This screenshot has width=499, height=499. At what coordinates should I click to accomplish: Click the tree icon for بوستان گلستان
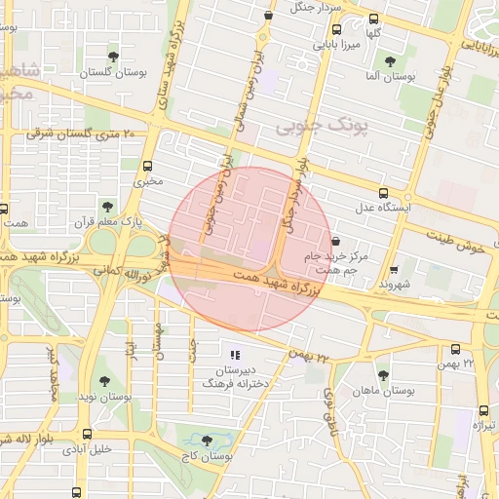click(x=115, y=57)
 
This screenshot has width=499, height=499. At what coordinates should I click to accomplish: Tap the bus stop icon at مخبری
click(x=147, y=166)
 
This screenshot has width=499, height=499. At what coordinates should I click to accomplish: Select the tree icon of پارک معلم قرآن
click(x=106, y=207)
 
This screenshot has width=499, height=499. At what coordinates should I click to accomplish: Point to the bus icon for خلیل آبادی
click(x=88, y=435)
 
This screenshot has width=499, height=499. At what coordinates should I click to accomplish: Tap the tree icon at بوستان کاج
click(x=205, y=441)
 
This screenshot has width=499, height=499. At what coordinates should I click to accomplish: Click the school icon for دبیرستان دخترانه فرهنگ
click(x=234, y=354)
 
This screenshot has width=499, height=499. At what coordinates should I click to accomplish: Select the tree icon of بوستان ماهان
click(x=383, y=374)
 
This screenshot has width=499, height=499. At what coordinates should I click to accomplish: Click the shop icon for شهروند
click(x=394, y=270)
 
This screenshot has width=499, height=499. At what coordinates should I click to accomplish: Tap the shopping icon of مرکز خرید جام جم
click(x=336, y=240)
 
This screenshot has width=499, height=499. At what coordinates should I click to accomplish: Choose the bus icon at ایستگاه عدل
click(x=383, y=193)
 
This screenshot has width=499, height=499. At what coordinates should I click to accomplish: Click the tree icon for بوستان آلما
click(x=390, y=60)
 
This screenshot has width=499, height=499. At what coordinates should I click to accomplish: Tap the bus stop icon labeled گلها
click(x=374, y=19)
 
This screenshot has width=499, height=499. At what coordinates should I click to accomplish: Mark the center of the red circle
click(x=249, y=249)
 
